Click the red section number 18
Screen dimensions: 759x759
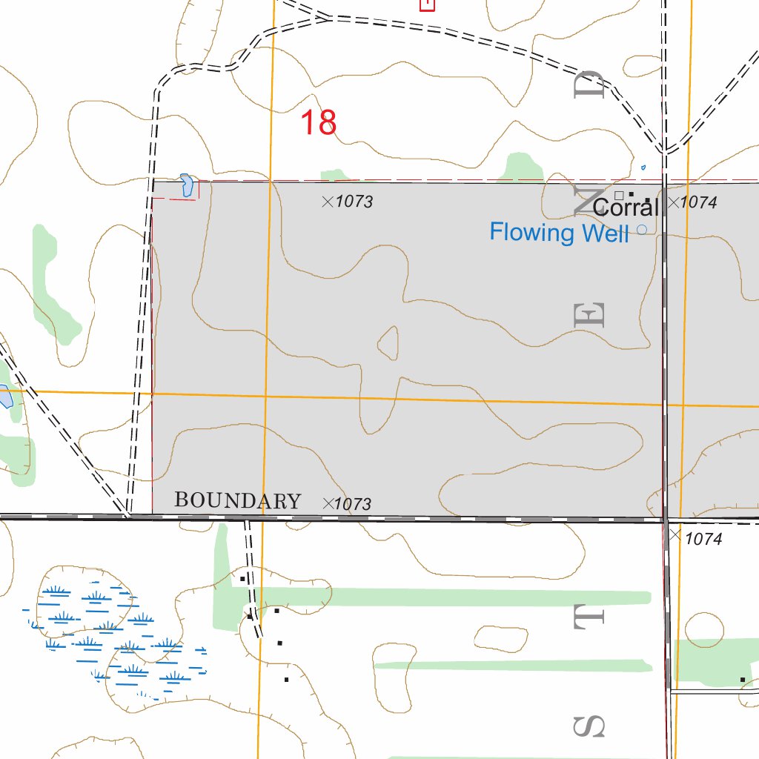319,122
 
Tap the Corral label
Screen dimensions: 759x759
626,207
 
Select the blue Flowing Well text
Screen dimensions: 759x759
559,233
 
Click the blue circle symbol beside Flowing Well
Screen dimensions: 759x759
642,230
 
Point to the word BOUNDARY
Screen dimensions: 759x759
237,501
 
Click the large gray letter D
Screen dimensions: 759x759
592,85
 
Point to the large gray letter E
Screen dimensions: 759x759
591,316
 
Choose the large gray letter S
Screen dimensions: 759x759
591,727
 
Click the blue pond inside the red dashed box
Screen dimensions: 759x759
186,185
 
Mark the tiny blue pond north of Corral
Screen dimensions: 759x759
643,168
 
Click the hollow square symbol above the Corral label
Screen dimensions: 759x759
619,195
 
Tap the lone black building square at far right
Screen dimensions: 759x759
742,679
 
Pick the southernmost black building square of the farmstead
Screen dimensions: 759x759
286,679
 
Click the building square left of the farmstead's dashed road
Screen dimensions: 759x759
242,577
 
